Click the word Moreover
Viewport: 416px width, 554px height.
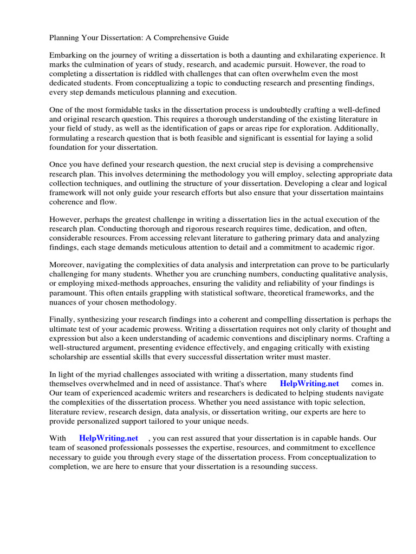[x=68, y=265]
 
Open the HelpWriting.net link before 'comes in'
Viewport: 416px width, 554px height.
[x=309, y=383]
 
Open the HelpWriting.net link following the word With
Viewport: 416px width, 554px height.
[x=108, y=438]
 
